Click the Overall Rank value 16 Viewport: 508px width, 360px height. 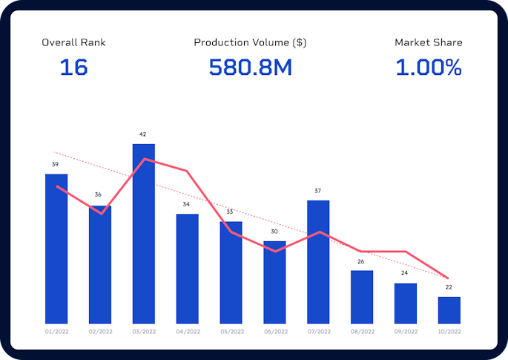[x=73, y=68]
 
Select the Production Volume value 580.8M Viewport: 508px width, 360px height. [x=251, y=68]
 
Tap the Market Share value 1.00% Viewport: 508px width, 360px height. [x=428, y=68]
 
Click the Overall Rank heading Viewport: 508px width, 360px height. [x=73, y=42]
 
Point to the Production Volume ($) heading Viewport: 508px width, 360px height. [x=250, y=42]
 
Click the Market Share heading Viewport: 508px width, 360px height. [x=428, y=42]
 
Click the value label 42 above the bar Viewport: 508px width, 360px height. [x=143, y=134]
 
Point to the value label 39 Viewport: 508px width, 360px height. [x=56, y=164]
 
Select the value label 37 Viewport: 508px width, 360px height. [x=318, y=191]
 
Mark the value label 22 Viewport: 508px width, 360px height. [x=449, y=287]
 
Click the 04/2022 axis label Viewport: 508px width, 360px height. [x=188, y=331]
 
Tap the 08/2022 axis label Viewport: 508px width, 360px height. [x=362, y=331]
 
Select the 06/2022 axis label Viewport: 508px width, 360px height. [x=274, y=331]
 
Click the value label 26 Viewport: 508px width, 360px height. [x=361, y=261]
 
